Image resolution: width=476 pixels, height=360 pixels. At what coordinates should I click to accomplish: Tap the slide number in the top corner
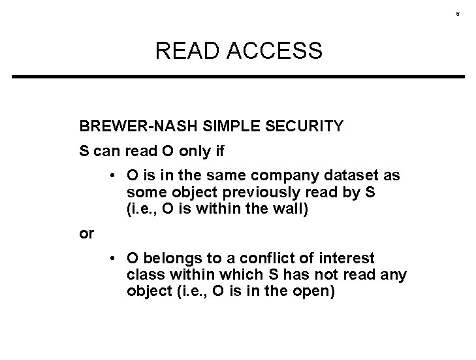[458, 14]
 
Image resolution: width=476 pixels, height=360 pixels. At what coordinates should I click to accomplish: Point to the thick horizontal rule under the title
[238, 77]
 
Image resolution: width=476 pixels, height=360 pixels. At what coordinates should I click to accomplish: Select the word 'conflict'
[261, 259]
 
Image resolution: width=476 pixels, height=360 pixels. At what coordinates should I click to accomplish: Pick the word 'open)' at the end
[313, 291]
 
